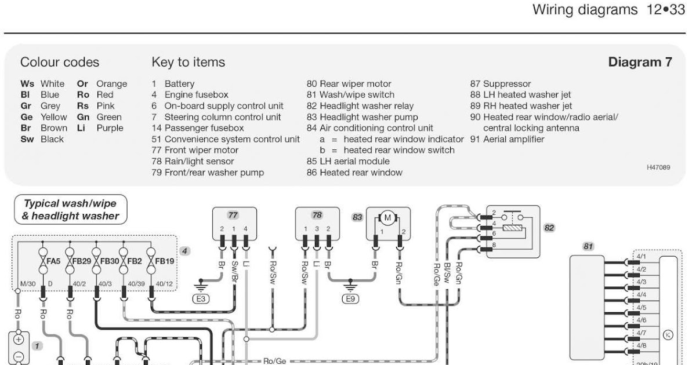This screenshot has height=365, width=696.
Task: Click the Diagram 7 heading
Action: [640, 62]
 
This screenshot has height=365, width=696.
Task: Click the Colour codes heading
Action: [59, 62]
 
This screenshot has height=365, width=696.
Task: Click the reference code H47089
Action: [658, 167]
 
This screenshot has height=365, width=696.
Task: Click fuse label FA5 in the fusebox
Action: [53, 261]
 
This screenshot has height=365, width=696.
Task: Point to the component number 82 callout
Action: [549, 228]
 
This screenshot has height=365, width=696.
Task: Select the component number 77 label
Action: [233, 215]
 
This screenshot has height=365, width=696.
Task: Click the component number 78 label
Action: [317, 215]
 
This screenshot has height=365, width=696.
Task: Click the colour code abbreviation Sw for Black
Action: [27, 139]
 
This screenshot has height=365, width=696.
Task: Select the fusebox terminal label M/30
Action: [28, 284]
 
